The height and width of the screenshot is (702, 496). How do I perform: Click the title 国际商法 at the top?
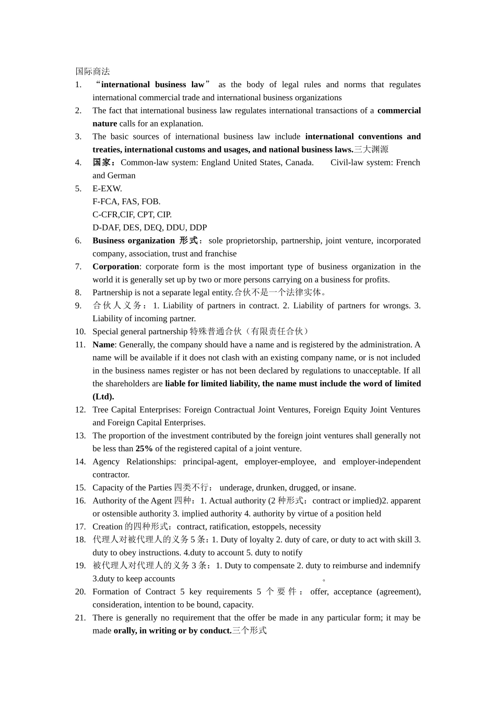92,72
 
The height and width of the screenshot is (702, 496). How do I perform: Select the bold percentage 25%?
144,449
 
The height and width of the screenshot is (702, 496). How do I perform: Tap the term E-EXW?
107,189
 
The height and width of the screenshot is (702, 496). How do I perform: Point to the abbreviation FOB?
151,202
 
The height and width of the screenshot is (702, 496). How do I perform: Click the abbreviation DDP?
198,228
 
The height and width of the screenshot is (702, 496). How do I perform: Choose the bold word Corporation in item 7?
115,267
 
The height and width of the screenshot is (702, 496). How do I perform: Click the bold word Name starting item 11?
103,345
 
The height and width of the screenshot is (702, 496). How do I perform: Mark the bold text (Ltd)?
103,396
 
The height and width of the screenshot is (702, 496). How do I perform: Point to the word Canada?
299,162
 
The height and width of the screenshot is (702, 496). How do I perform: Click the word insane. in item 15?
343,488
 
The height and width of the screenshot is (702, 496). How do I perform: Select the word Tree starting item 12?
100,409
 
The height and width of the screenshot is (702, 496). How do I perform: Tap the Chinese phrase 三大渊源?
371,149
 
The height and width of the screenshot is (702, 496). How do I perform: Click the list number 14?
80,462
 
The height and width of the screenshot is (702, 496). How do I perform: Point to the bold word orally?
125,631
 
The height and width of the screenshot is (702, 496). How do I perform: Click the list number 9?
78,306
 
